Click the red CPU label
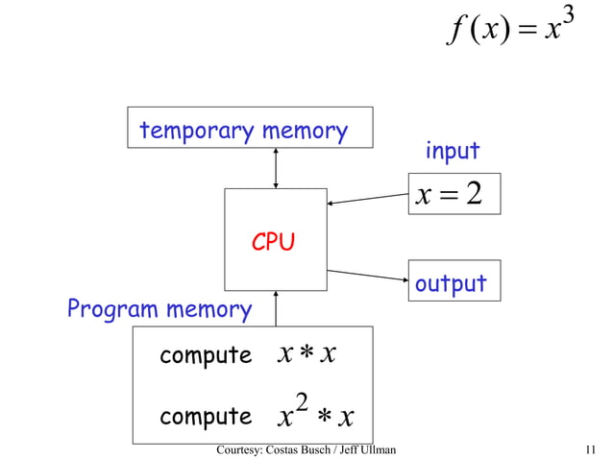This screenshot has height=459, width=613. tap(273, 243)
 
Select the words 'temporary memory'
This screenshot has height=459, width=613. tap(243, 131)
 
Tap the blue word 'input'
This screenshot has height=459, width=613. tap(452, 151)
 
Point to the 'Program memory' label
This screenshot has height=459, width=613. tap(159, 310)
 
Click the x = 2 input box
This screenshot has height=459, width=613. tap(454, 195)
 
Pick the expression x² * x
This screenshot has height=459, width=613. tap(315, 415)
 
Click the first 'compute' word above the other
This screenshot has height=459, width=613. tap(205, 355)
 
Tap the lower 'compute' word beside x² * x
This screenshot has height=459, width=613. tap(205, 417)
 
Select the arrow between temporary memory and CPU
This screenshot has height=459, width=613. tap(276, 168)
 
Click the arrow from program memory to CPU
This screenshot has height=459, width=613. tap(276, 308)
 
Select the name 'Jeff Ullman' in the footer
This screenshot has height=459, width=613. tap(368, 449)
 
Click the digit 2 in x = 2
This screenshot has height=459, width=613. tap(471, 195)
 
